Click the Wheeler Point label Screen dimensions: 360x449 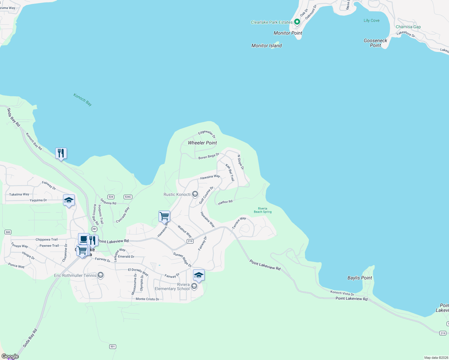(202, 143)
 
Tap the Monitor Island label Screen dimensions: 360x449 (267, 46)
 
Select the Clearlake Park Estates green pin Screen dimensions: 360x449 (297, 22)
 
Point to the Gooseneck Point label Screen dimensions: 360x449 (375, 43)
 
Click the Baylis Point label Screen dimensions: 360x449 (360, 278)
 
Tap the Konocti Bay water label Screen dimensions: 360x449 (83, 100)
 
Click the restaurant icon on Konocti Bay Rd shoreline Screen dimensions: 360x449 (61, 153)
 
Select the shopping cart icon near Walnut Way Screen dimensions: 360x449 (164, 216)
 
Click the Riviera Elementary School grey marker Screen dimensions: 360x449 (194, 286)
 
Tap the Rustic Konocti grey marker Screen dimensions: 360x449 (195, 194)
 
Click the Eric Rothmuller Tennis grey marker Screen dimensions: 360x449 (101, 275)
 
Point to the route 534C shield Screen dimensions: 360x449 (128, 197)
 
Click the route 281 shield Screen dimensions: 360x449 (94, 229)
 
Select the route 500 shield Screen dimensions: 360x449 (8, 232)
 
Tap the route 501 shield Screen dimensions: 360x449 (113, 346)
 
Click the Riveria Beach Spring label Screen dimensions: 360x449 (263, 210)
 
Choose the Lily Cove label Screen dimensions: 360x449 (371, 20)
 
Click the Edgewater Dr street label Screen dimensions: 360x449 (207, 134)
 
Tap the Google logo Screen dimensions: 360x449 (10, 356)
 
